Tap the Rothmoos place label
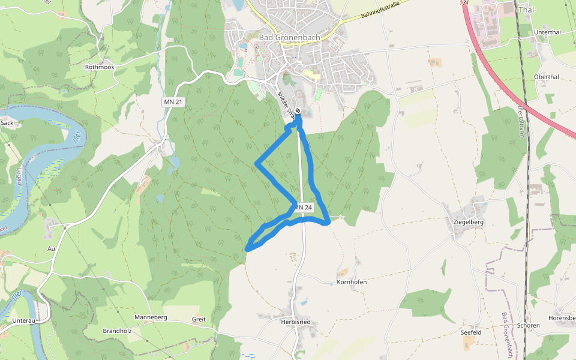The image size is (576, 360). click(x=100, y=67)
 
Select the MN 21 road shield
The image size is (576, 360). click(x=173, y=102)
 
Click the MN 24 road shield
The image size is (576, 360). click(x=304, y=208)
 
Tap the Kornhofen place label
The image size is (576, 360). click(x=352, y=281)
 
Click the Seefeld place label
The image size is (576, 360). click(x=471, y=332)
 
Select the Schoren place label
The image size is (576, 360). click(x=528, y=326)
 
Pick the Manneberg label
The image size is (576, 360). click(x=151, y=317)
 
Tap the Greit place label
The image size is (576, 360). click(x=199, y=319)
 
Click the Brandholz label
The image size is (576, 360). click(x=118, y=331)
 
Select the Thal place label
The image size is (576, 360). click(x=526, y=10)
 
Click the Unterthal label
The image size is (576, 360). click(x=547, y=32)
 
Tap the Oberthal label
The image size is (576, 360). click(x=546, y=77)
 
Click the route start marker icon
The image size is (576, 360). click(x=298, y=110)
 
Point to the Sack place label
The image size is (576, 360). click(x=7, y=122)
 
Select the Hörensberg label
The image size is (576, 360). click(x=562, y=317)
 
